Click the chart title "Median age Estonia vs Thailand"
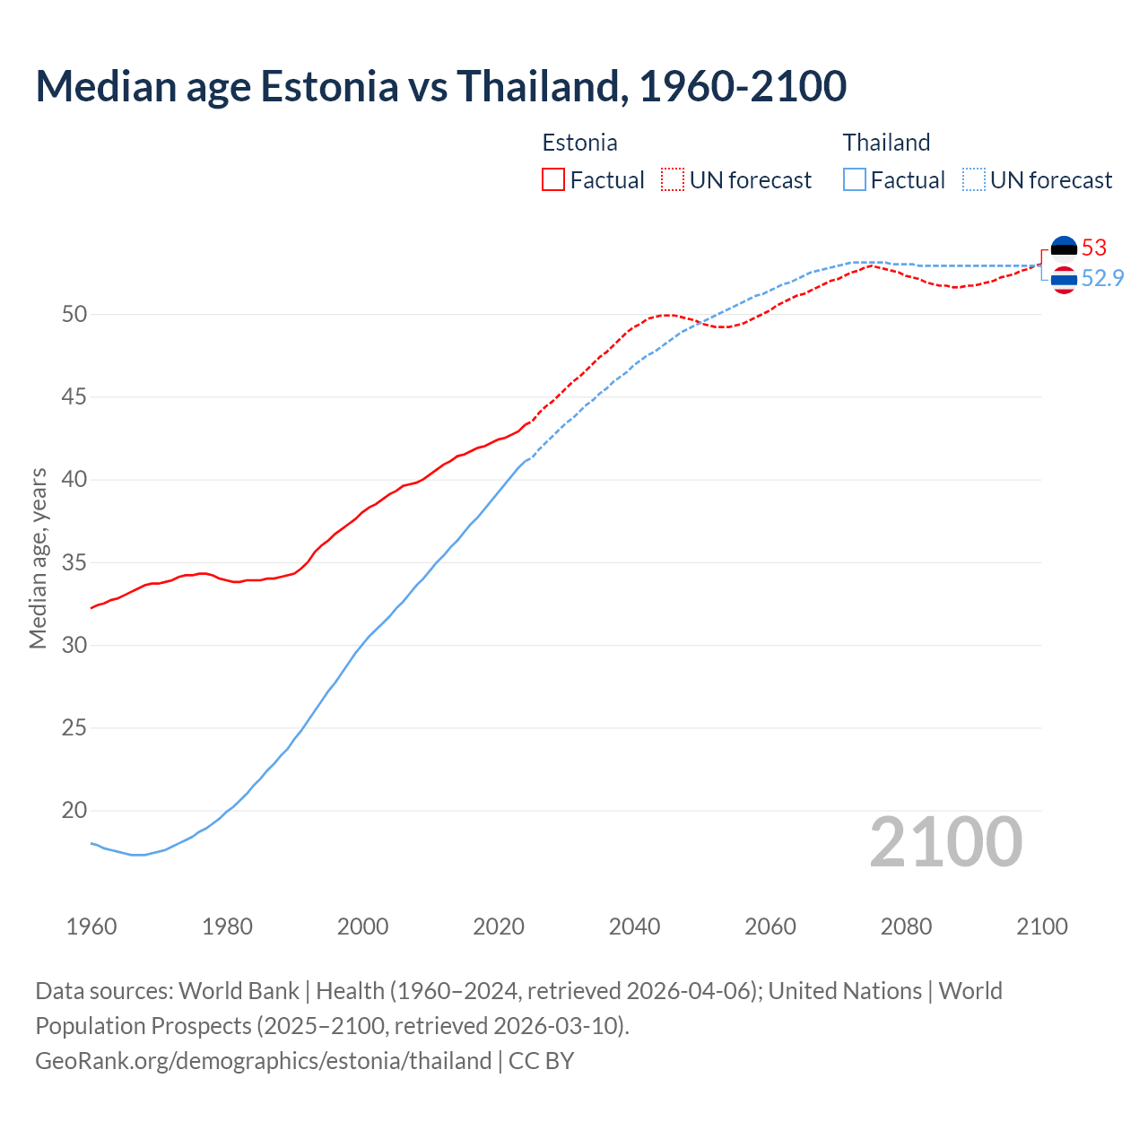[x=440, y=86]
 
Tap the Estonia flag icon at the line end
[x=1064, y=248]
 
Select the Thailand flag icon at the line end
[x=1064, y=280]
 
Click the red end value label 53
[x=1094, y=248]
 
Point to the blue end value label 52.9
[x=1102, y=278]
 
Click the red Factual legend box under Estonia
[x=553, y=180]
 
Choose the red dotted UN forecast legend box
[x=673, y=180]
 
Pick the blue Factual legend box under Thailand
[x=855, y=180]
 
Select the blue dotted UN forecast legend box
[x=973, y=180]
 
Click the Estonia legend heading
[x=579, y=143]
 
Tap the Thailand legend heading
[x=886, y=143]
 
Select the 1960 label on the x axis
[x=91, y=926]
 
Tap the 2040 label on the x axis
[x=634, y=926]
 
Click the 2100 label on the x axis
[x=1041, y=926]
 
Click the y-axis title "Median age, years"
[x=38, y=558]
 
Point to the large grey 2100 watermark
[x=945, y=841]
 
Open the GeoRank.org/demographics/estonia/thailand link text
[x=263, y=1061]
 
